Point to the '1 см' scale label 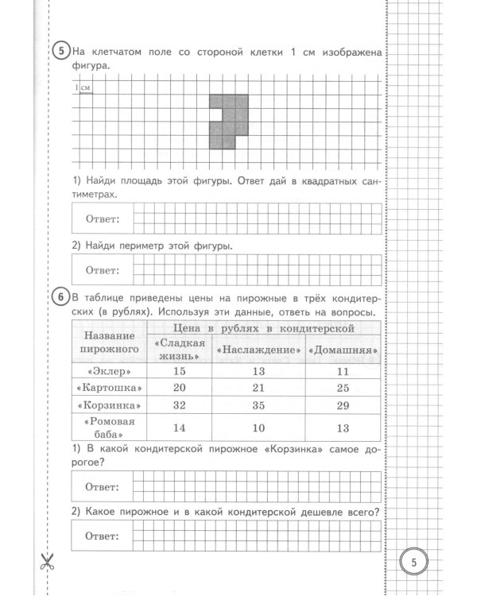(x=82, y=87)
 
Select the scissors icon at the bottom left (x=45, y=563)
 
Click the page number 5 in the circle (x=414, y=562)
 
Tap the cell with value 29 (x=343, y=406)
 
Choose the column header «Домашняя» (x=343, y=350)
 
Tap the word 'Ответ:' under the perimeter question (x=102, y=270)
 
